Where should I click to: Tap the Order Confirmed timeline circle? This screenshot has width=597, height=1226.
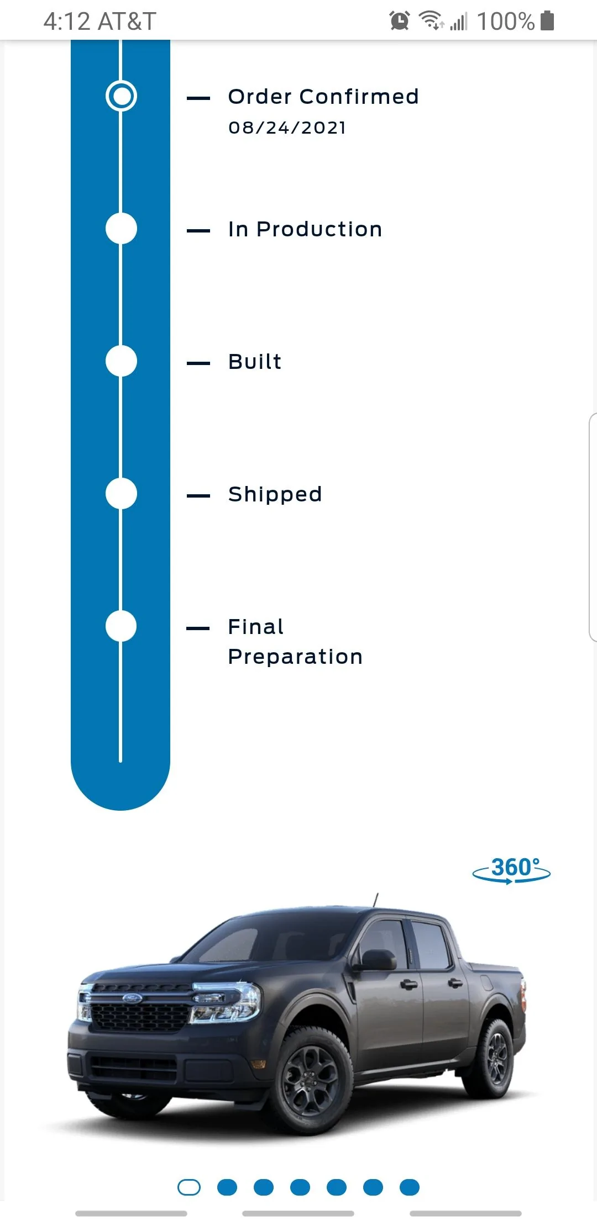[121, 96]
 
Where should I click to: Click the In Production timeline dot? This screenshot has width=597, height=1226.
[121, 229]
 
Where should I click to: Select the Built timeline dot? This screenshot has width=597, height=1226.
[121, 361]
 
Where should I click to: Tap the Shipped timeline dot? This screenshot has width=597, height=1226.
[121, 494]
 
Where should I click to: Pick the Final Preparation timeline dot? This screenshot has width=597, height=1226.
[121, 626]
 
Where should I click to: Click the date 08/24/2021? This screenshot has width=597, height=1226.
[287, 128]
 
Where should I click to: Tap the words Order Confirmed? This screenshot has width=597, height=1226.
[323, 97]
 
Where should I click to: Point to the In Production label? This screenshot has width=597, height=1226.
[305, 229]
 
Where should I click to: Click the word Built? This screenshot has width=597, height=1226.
[255, 362]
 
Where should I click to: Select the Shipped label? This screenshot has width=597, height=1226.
[275, 495]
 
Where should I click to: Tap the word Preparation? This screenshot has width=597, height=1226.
[295, 657]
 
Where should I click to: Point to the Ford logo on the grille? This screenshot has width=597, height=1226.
[132, 998]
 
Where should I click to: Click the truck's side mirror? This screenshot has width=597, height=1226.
[378, 960]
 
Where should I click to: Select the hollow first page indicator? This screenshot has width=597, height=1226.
[189, 1187]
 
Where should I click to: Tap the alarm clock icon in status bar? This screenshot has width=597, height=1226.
[400, 21]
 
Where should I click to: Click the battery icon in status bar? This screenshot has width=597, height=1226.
[547, 20]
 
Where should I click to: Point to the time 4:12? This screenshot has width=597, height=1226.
[66, 22]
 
